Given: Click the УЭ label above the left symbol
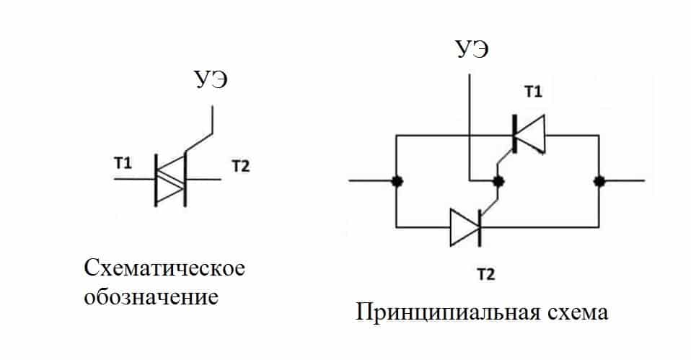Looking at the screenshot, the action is click(211, 80).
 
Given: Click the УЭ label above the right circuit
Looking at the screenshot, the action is click(472, 49).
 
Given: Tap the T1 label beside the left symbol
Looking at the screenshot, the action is click(123, 163).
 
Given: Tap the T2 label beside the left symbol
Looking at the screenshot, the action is click(241, 166).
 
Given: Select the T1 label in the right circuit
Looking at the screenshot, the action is click(533, 92).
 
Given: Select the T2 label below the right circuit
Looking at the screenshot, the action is click(486, 275).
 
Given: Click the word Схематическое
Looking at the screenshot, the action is click(164, 268).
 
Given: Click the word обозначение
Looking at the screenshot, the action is click(151, 297).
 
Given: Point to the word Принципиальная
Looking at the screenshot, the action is click(448, 312).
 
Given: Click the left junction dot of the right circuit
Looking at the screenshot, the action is click(397, 180).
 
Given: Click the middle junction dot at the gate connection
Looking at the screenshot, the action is click(498, 181).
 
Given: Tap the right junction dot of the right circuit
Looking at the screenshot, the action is click(599, 180).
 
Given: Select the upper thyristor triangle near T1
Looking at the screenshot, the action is click(529, 134).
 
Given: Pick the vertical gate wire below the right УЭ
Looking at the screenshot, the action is click(470, 128).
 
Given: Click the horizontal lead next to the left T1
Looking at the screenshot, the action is click(134, 179).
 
